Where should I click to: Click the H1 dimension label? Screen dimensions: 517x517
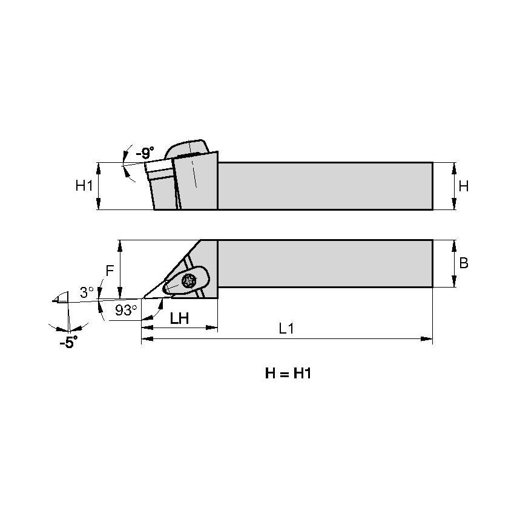84,186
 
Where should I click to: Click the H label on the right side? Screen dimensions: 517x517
464,186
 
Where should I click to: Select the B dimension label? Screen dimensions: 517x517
464,263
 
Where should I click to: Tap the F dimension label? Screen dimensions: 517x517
110,271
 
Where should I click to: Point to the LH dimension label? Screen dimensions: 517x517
179,318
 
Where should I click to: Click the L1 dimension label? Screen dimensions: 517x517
286,329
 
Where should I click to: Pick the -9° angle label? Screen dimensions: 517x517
145,153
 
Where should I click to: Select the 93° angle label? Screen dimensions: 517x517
126,311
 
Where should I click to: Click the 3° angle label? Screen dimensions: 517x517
87,292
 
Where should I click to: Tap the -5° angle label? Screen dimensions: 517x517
69,343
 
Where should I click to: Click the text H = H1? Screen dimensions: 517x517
288,374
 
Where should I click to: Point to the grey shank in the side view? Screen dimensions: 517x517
324,186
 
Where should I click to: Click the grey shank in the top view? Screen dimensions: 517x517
324,263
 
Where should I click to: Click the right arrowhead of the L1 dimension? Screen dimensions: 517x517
429,340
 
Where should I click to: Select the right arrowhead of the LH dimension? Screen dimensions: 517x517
214,328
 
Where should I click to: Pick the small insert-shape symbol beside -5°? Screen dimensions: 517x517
60,298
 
